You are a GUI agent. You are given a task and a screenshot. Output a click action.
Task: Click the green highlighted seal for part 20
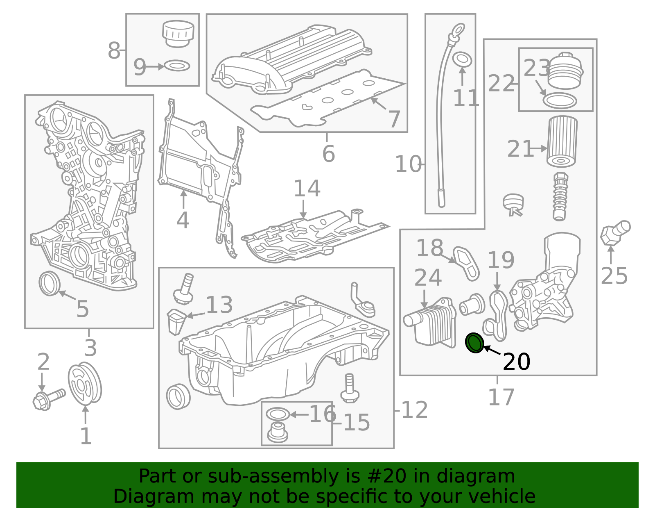coord(475,343)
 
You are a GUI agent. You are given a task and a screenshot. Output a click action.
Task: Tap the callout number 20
coord(516,362)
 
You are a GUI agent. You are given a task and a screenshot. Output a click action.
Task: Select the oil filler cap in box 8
coord(178,33)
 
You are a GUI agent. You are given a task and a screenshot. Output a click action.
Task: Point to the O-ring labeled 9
coord(177,66)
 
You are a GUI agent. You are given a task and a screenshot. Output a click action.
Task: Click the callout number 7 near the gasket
coord(394,119)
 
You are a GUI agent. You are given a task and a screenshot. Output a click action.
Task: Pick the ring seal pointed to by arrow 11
coord(463,59)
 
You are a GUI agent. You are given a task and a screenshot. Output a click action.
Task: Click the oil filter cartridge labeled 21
coord(562,141)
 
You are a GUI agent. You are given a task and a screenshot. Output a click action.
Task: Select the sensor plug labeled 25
coord(615,232)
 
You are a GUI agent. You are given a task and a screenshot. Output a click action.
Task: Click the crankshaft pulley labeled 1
coord(85,384)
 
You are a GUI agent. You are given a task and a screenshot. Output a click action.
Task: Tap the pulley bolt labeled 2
coord(48,399)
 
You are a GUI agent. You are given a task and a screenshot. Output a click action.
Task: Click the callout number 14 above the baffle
coord(307,189)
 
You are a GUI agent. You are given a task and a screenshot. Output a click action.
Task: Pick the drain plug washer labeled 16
coord(277,414)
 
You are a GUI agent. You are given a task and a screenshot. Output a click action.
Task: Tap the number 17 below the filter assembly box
coord(501,397)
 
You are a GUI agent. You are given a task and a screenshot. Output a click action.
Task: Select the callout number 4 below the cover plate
coord(183,220)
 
